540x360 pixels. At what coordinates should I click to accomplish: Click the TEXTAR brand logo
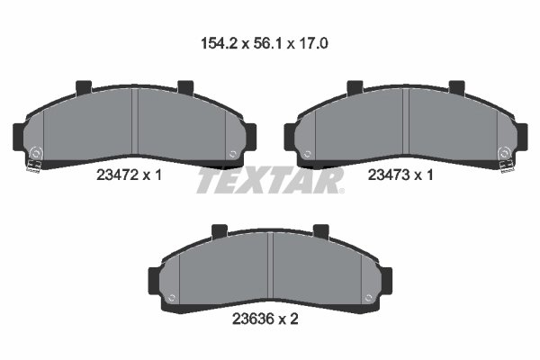click(x=269, y=180)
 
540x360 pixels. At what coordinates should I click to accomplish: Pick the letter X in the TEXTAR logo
click(x=259, y=180)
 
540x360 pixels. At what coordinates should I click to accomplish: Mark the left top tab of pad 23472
click(x=84, y=87)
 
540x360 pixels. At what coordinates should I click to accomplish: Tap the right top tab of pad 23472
click(x=186, y=87)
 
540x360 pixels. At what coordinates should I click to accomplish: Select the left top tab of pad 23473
click(x=354, y=87)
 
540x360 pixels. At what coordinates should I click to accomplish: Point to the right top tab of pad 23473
click(x=456, y=87)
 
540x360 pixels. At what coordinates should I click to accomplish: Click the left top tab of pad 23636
click(x=219, y=232)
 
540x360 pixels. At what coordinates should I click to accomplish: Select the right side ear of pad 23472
click(x=253, y=136)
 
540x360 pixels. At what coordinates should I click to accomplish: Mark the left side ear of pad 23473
click(x=290, y=136)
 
